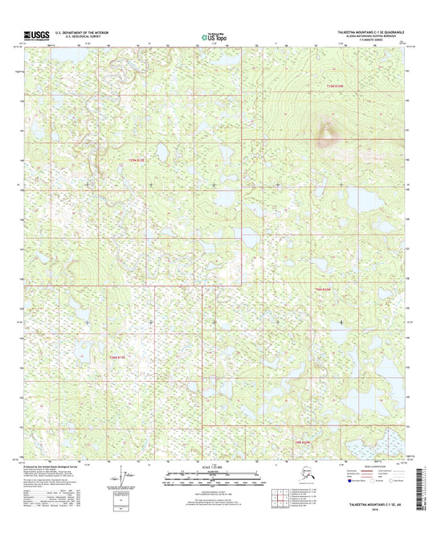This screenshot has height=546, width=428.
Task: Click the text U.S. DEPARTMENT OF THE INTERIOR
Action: click(86, 32)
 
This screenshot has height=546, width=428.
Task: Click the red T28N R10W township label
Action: click(300, 441)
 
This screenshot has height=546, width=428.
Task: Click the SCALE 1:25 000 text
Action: click(213, 470)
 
